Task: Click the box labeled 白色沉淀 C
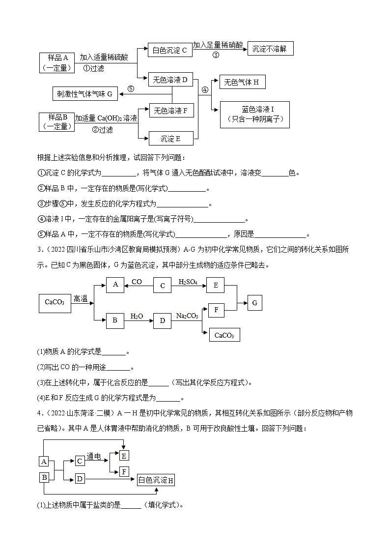pyautogui.click(x=170, y=50)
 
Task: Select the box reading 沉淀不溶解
pyautogui.click(x=270, y=48)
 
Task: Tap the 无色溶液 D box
pyautogui.click(x=170, y=80)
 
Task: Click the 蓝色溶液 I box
pyautogui.click(x=254, y=115)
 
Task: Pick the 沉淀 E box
pyautogui.click(x=170, y=139)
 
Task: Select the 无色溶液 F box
pyautogui.click(x=170, y=111)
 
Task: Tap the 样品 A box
pyautogui.click(x=57, y=62)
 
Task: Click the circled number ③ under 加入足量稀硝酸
pyautogui.click(x=215, y=55)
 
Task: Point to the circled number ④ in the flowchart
pyautogui.click(x=205, y=90)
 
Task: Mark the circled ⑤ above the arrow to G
pyautogui.click(x=130, y=88)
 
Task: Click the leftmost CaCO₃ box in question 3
pyautogui.click(x=55, y=302)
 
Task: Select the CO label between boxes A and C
pyautogui.click(x=137, y=282)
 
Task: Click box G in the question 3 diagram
pyautogui.click(x=254, y=303)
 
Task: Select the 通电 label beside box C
pyautogui.click(x=93, y=457)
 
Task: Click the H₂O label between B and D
pyautogui.click(x=137, y=316)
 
